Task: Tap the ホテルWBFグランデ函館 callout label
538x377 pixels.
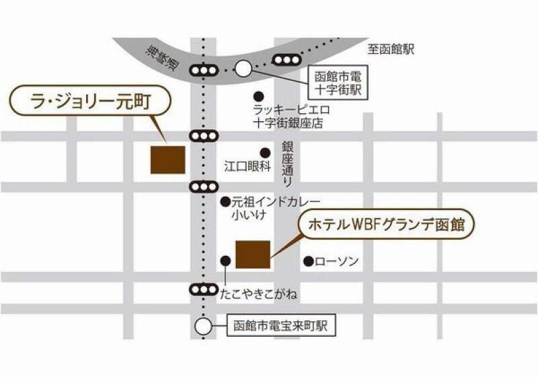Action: tap(387, 224)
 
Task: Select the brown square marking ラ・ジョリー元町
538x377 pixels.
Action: tap(167, 160)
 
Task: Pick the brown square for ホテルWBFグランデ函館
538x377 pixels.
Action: tap(253, 254)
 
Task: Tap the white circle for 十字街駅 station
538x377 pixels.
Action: tap(243, 67)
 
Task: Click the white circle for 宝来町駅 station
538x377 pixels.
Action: tap(202, 327)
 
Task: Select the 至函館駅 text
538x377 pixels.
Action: tap(391, 48)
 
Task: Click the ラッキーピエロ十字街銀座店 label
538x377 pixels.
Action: tap(287, 116)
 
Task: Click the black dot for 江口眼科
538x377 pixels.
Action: tap(266, 152)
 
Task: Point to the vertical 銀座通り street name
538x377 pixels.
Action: tap(287, 163)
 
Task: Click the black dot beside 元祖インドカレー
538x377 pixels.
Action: tap(225, 201)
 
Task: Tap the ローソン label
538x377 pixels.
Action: tap(337, 261)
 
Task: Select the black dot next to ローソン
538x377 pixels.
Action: tap(308, 261)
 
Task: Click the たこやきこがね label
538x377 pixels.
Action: tap(259, 295)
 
